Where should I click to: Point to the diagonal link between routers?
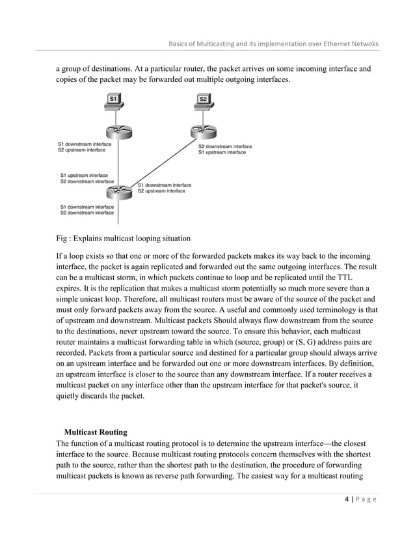tap(163, 163)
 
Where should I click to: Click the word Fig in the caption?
tap(64, 238)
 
